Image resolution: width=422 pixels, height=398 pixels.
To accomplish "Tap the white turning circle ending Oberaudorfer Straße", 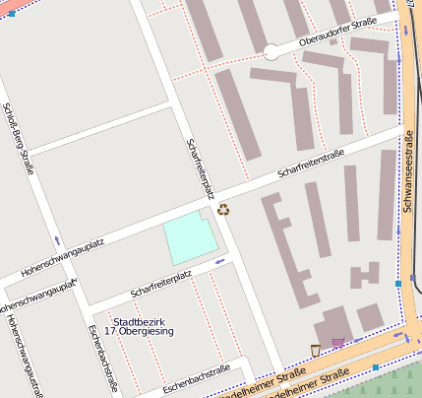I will pos(271,52).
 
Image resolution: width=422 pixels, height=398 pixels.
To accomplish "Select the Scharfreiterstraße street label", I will pos(312,164).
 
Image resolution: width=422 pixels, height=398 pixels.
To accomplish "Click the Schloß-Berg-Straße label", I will pos(19,138).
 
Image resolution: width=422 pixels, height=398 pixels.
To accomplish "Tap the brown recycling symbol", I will pos(223,209).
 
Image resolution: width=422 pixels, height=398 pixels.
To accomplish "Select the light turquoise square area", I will pos(191,239).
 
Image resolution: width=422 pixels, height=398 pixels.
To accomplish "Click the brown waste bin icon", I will pos(315,349).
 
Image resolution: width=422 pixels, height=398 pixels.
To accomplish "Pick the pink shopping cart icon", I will pos(338,343).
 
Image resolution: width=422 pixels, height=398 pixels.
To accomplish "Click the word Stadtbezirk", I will pos(137,321).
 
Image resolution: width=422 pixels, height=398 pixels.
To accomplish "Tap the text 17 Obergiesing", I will pos(137,332).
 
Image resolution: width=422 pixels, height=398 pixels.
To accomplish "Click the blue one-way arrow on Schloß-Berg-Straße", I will pos(57,240).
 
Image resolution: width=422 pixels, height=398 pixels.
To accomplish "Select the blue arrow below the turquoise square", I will pos(218,262).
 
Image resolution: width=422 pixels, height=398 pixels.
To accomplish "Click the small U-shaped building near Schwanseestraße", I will pos(364,275).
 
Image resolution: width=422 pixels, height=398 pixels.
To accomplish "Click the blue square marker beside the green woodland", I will pos(375,367).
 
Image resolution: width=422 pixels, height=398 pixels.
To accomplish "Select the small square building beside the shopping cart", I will pos(370,317).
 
